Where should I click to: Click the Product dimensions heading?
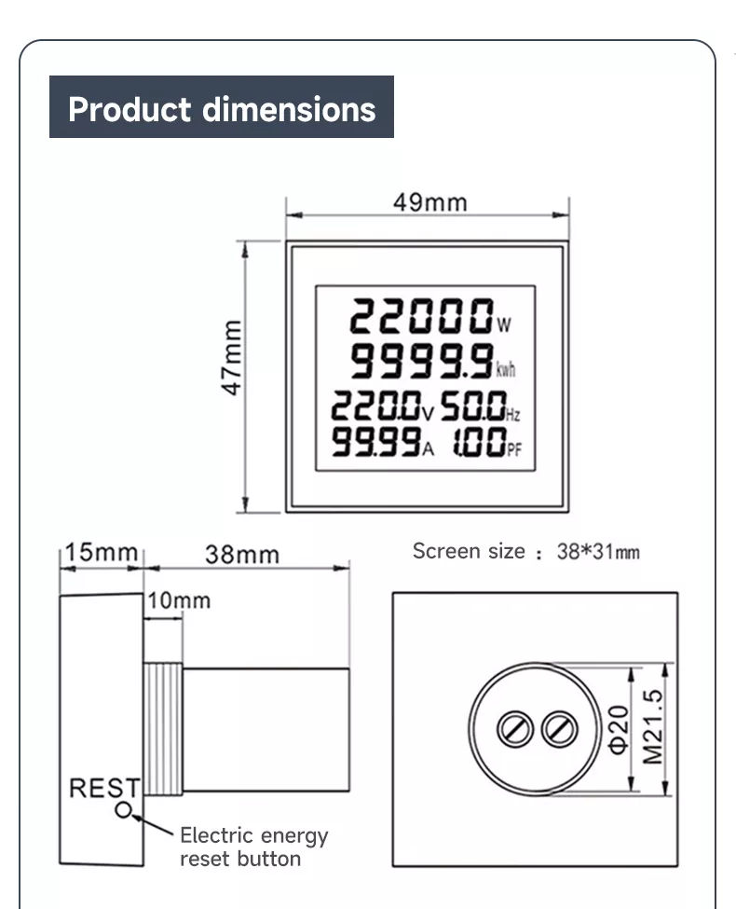tap(222, 108)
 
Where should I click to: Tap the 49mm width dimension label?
tap(429, 202)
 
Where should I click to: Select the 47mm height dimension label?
tap(231, 358)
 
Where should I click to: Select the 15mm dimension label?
tap(100, 552)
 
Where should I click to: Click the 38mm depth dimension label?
tap(241, 555)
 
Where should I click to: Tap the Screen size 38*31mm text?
tap(525, 551)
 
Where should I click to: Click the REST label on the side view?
tap(103, 789)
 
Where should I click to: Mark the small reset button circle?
tap(123, 809)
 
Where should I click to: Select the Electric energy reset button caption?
tap(253, 847)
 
